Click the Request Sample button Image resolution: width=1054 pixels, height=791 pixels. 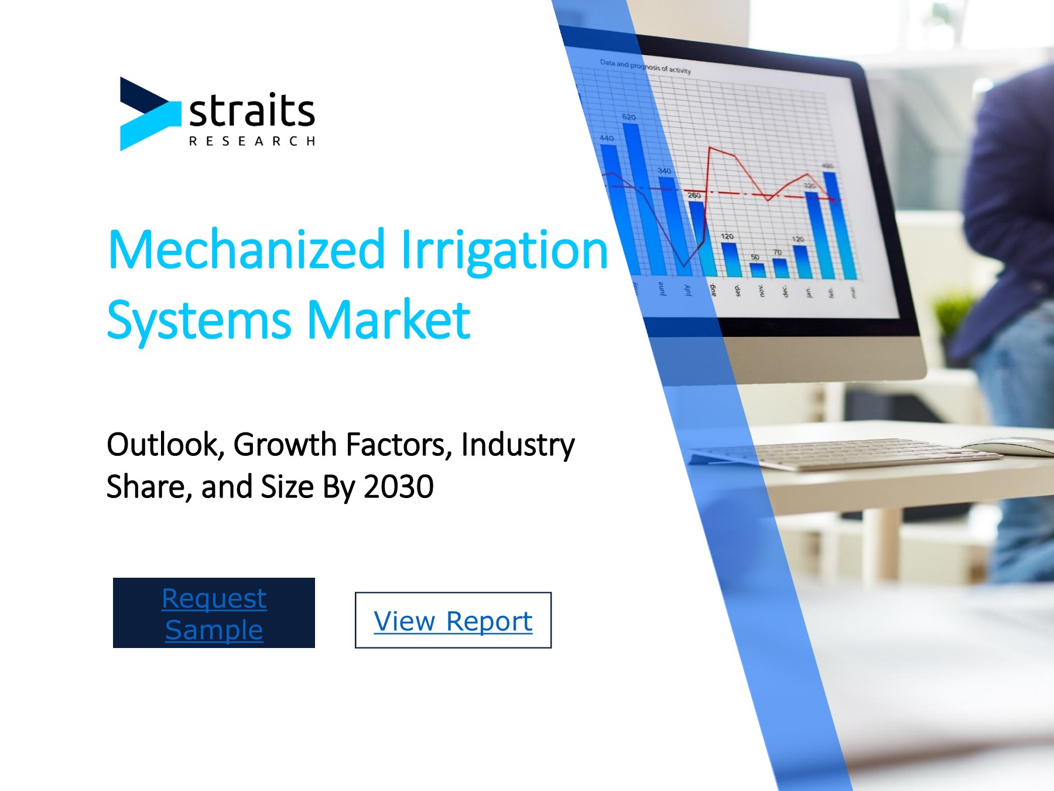tap(214, 613)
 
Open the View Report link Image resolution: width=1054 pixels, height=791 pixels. tap(453, 620)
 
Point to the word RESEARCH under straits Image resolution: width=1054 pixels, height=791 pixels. tap(252, 141)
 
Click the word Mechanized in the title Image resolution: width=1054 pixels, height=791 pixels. tap(246, 251)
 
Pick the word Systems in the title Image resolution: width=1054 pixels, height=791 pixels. tap(199, 321)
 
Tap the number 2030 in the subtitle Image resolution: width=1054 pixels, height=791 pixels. tap(398, 487)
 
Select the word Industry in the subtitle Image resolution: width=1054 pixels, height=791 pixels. tap(518, 445)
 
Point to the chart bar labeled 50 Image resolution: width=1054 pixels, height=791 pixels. tap(758, 270)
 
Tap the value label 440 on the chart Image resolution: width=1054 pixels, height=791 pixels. tap(607, 138)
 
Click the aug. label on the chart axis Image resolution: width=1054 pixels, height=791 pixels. tap(713, 289)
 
